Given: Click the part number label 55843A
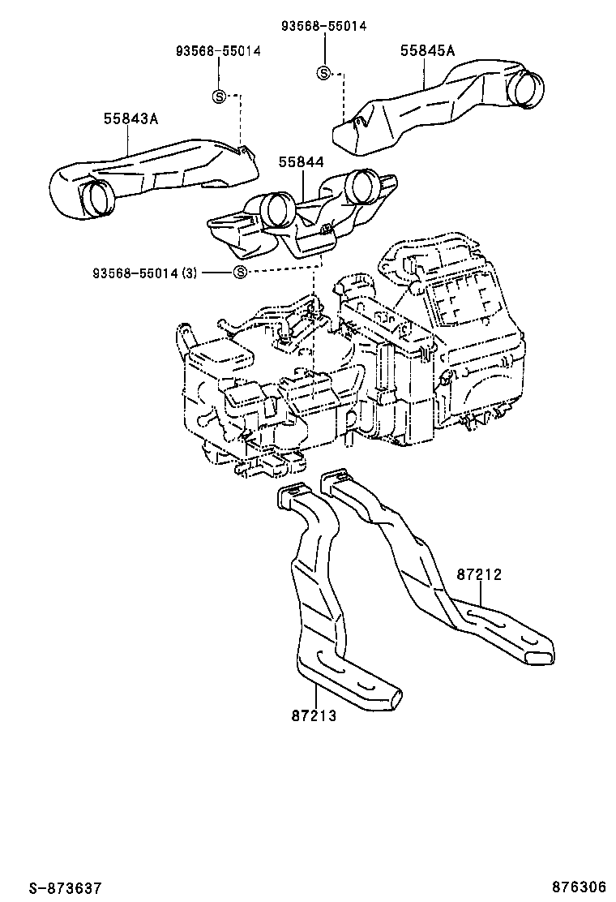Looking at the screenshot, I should click(130, 119).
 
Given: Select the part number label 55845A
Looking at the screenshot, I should click(427, 50).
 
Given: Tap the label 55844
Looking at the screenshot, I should click(302, 162).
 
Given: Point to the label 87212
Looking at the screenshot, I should click(479, 574).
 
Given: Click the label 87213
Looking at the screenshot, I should click(313, 715).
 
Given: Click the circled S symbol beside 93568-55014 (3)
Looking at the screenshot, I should click(240, 272).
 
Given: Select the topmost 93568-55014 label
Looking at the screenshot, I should click(324, 25).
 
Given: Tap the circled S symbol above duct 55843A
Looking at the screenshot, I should click(218, 96).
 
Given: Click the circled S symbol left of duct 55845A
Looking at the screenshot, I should click(323, 73).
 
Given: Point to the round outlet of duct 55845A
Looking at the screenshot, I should click(527, 87).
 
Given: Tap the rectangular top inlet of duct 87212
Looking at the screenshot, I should click(335, 479).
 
